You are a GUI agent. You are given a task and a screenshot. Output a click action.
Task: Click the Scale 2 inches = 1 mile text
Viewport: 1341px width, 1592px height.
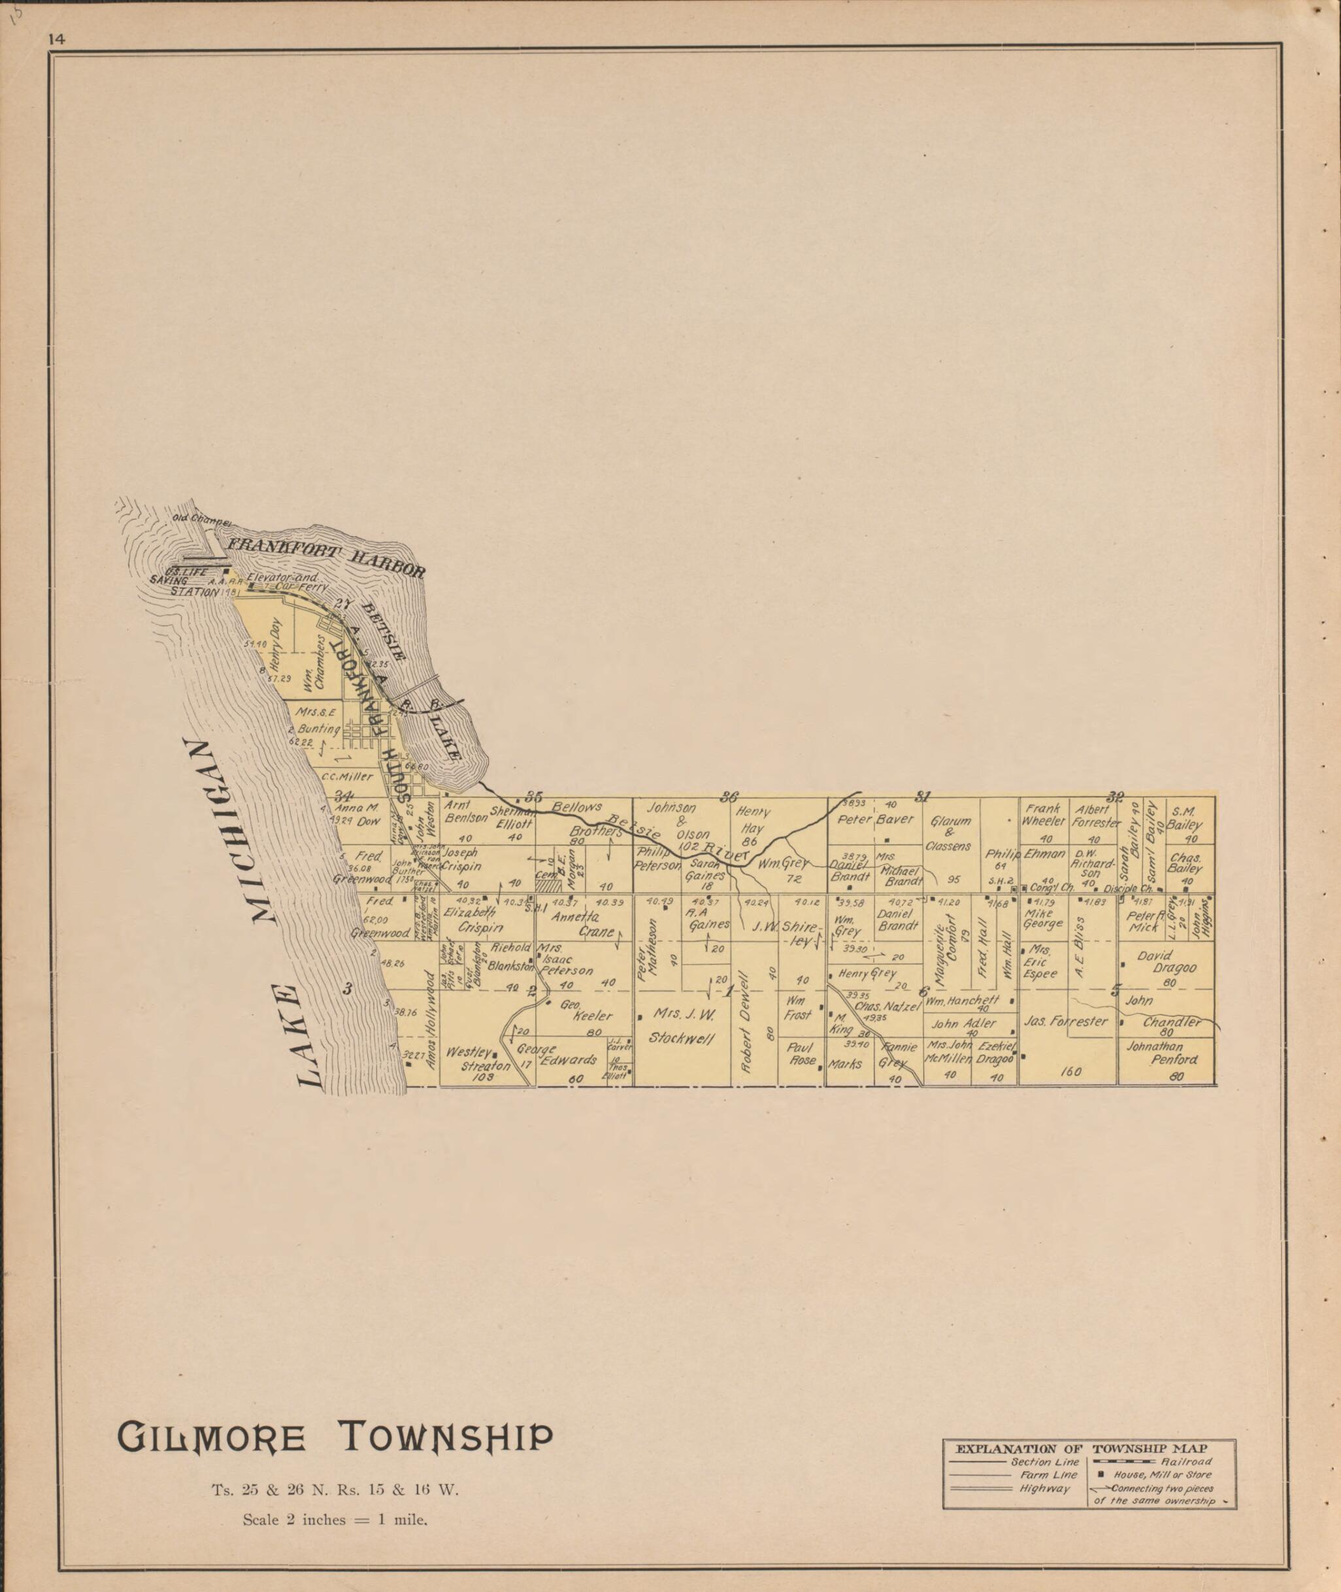pos(335,1499)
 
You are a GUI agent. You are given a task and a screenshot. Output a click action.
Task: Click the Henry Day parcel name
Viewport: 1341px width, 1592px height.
pos(275,642)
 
